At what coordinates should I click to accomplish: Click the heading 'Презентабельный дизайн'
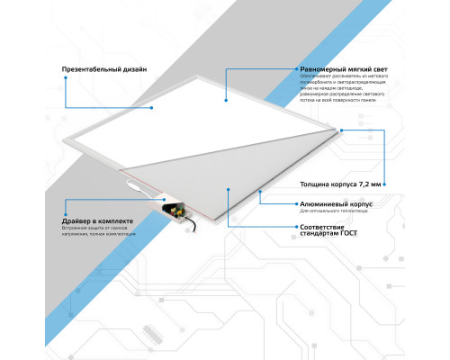tap(104, 69)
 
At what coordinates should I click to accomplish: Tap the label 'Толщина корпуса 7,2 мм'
tap(345, 183)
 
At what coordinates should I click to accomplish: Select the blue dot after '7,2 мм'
tap(388, 183)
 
